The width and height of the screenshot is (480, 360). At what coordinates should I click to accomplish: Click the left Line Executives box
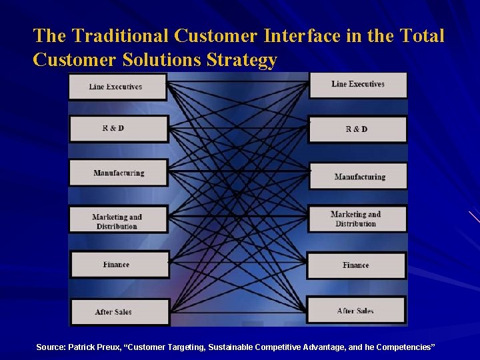tap(117, 87)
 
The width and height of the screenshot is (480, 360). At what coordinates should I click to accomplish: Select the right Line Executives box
tap(358, 85)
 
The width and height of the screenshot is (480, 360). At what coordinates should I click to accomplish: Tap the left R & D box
tap(119, 129)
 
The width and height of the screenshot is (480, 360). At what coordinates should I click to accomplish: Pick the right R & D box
tap(357, 129)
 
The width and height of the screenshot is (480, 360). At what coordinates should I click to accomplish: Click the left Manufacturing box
tap(119, 173)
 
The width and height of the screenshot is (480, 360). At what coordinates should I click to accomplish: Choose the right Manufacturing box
tap(359, 177)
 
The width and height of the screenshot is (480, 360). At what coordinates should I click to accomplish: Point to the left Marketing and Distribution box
tap(119, 221)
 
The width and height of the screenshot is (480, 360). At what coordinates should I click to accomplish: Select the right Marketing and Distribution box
tap(357, 219)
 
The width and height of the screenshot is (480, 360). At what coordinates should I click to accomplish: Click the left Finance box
tap(119, 265)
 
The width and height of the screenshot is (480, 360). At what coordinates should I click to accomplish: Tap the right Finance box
tap(356, 265)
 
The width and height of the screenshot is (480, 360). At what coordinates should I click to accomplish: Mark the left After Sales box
tap(119, 312)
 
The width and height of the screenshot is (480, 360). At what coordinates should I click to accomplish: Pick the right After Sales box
tap(356, 311)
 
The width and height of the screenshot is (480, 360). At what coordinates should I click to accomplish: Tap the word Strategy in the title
tap(242, 61)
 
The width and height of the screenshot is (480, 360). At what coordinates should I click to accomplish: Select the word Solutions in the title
tap(162, 61)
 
